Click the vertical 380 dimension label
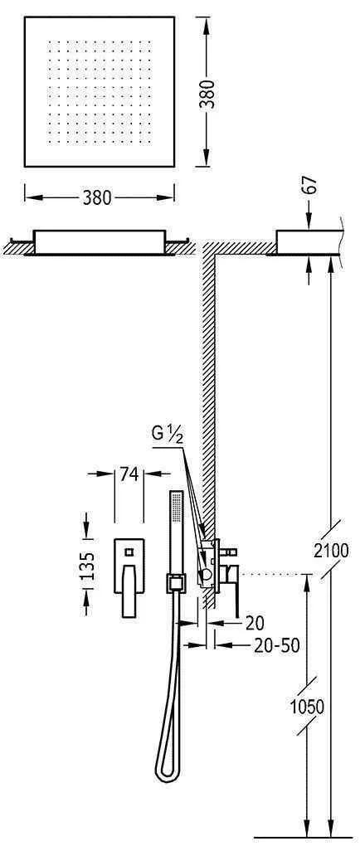[x=207, y=94]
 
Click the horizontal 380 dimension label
[x=97, y=198]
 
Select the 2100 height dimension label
[x=330, y=551]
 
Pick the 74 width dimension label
[x=129, y=474]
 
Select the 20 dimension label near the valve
[x=255, y=623]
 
